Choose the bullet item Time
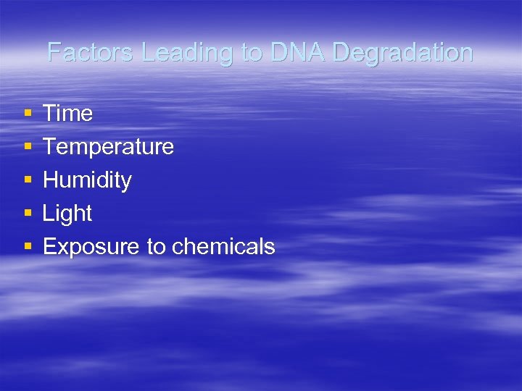click(x=67, y=114)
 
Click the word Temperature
click(x=108, y=147)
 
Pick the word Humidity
click(x=87, y=180)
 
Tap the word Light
click(x=67, y=214)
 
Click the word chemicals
click(x=223, y=247)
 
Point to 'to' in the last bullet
click(x=156, y=247)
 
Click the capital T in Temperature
click(x=49, y=147)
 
